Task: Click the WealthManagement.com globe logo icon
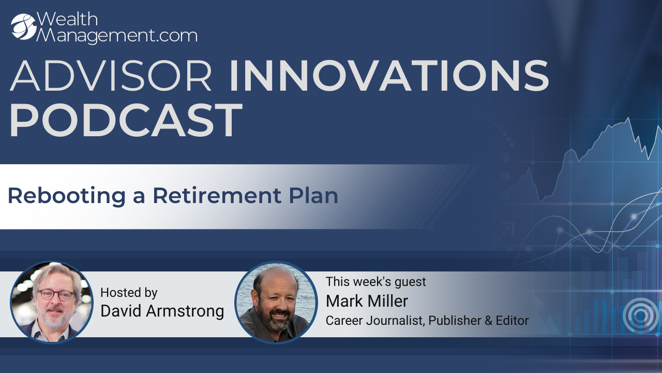coord(24,26)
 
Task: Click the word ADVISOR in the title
coord(111,76)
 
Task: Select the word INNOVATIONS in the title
coord(389,76)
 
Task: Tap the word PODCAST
coord(126,120)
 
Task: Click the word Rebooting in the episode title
coord(67,196)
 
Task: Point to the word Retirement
coord(217,195)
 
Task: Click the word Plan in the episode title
coord(313,195)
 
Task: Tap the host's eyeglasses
coord(56,295)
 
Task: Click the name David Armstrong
coord(162,311)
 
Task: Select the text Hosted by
coord(129,293)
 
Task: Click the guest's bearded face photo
coord(276,302)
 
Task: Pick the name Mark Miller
coord(367,301)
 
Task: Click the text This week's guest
coord(375,282)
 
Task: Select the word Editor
coord(512,321)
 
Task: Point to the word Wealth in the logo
coord(67,19)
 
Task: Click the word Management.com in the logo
coord(117,36)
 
